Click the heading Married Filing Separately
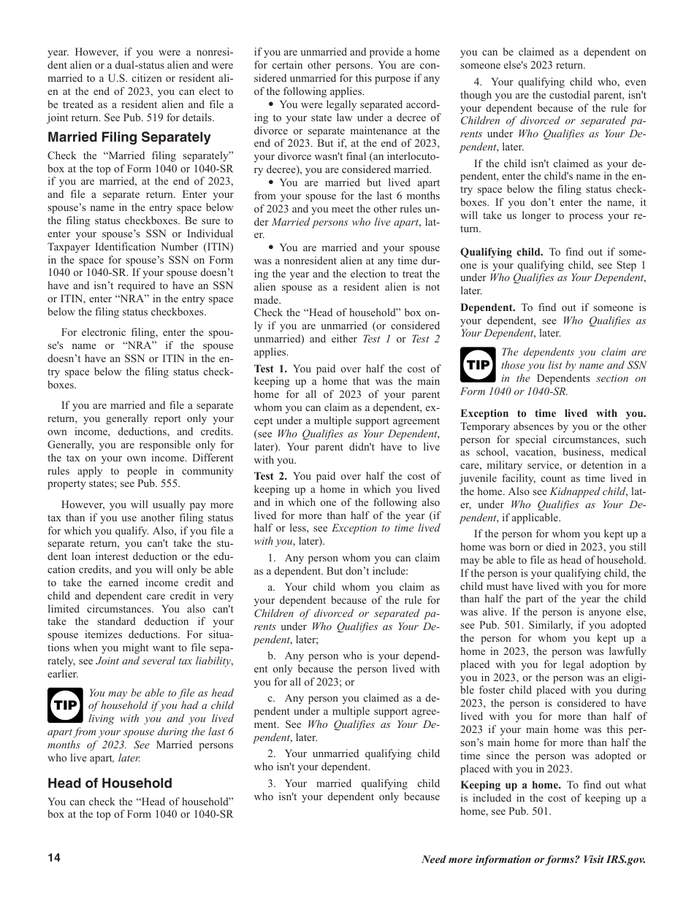pos(129,137)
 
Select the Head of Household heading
pos(110,783)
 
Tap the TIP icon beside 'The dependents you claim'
pos(478,365)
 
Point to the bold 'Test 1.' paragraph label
pos(270,369)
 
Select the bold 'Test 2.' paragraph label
pos(270,476)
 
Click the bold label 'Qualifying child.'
pos(501,252)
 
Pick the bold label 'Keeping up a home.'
pos(511,785)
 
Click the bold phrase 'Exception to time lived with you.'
pos(553,413)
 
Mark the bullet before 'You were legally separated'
pos(271,104)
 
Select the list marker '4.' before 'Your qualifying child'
pos(478,82)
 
